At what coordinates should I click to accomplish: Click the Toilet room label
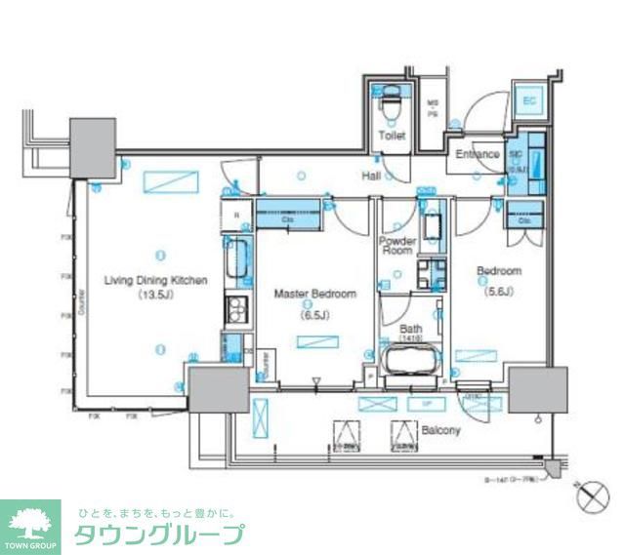[392, 138]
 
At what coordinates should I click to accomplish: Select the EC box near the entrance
[528, 101]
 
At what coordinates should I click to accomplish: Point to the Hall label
[371, 176]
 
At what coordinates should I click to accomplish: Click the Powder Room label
[397, 245]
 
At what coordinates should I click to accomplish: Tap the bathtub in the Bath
[410, 358]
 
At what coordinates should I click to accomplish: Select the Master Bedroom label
[314, 293]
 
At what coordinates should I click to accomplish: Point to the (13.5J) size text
[155, 294]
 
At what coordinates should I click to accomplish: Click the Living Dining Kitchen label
[156, 281]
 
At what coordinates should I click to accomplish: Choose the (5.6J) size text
[498, 290]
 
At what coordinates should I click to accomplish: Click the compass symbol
[592, 496]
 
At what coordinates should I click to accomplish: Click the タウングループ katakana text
[159, 535]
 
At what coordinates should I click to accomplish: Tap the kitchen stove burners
[237, 311]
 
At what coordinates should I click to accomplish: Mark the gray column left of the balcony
[217, 391]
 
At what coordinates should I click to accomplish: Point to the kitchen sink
[237, 258]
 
